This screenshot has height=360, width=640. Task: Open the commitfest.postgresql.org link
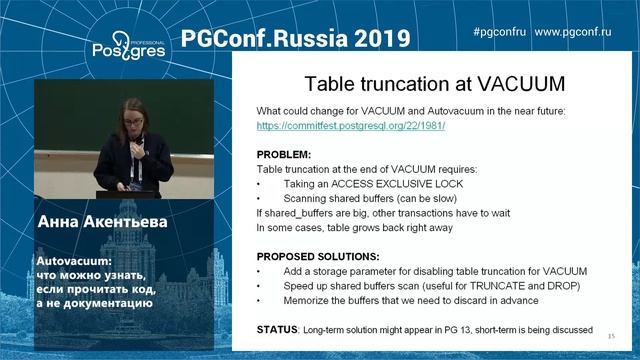[351, 127]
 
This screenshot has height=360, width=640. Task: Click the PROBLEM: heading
[285, 155]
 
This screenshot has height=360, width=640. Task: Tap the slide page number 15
[611, 335]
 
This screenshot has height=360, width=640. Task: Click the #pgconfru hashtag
[499, 32]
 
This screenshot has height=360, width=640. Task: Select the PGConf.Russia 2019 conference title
[296, 38]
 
